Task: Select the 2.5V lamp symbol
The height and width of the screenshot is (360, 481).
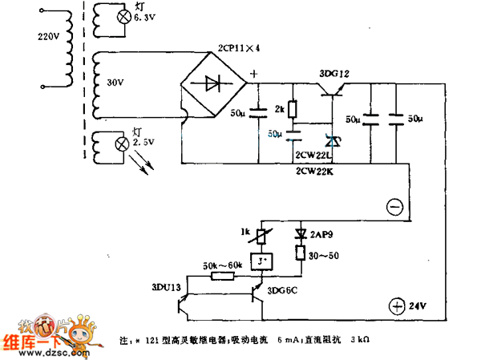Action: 123,144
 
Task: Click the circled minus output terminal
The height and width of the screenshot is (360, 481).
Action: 394,207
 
